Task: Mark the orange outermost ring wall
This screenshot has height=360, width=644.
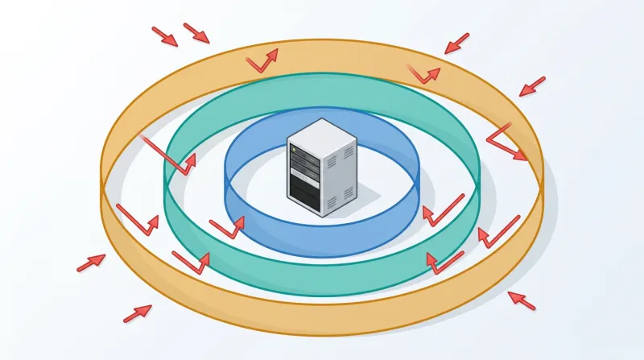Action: tap(322, 318)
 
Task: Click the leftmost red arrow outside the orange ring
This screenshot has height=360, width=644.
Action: tap(91, 263)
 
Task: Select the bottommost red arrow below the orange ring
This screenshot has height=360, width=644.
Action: tap(138, 313)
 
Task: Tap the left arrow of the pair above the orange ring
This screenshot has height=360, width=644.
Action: tap(165, 35)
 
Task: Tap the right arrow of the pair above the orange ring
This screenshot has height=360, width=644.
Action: tap(196, 33)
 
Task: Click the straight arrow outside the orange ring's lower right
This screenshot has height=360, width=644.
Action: tap(522, 300)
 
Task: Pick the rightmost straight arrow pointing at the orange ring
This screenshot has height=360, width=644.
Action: tap(532, 86)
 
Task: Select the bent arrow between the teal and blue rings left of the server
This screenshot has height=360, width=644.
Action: tap(227, 228)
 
